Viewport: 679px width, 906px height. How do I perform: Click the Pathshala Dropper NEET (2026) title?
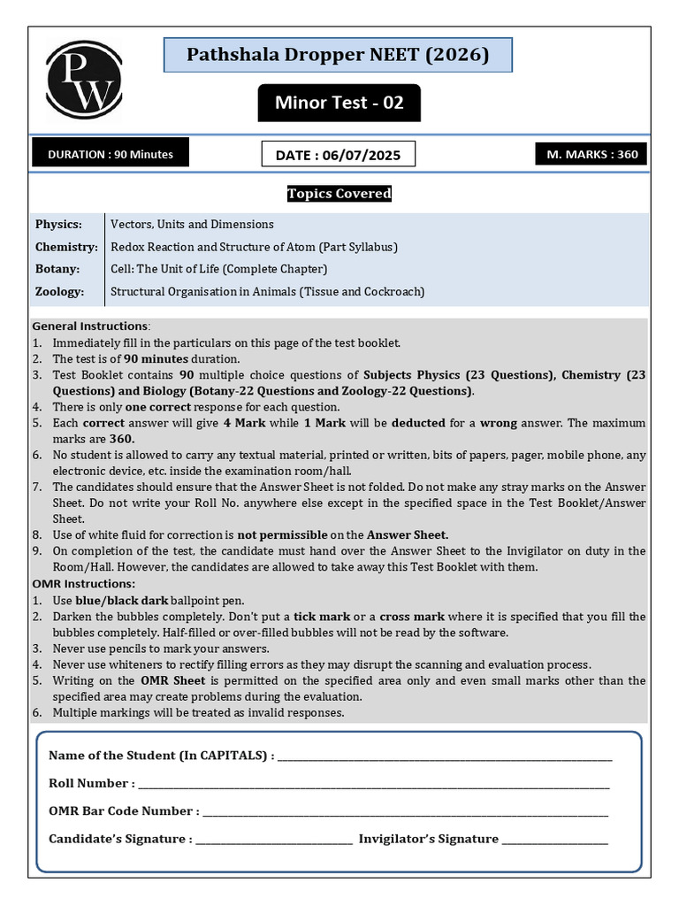[x=338, y=55]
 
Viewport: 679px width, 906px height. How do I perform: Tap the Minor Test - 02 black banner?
[x=339, y=103]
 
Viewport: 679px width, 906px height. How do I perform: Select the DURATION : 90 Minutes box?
[x=111, y=154]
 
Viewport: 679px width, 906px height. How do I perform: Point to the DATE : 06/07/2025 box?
[x=338, y=155]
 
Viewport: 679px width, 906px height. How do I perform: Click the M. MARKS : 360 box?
[x=591, y=154]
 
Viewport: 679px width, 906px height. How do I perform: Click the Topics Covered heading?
[x=339, y=194]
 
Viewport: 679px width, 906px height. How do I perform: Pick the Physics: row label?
[x=58, y=225]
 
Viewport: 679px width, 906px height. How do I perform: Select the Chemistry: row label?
[x=66, y=247]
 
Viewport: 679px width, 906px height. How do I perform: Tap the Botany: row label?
[x=57, y=269]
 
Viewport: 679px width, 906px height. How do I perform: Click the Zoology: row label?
[x=59, y=291]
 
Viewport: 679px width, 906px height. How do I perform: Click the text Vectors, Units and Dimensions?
[x=192, y=225]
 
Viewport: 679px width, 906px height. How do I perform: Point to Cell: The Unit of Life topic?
[x=218, y=269]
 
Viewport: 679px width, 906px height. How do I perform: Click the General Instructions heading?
[x=90, y=326]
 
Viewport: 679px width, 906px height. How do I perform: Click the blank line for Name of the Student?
[x=445, y=757]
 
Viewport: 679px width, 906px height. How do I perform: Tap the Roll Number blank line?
[x=374, y=785]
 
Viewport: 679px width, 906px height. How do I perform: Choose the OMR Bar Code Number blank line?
[x=406, y=812]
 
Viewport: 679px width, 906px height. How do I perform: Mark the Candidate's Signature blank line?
[x=274, y=841]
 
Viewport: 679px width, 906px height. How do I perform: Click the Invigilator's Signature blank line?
[x=555, y=841]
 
